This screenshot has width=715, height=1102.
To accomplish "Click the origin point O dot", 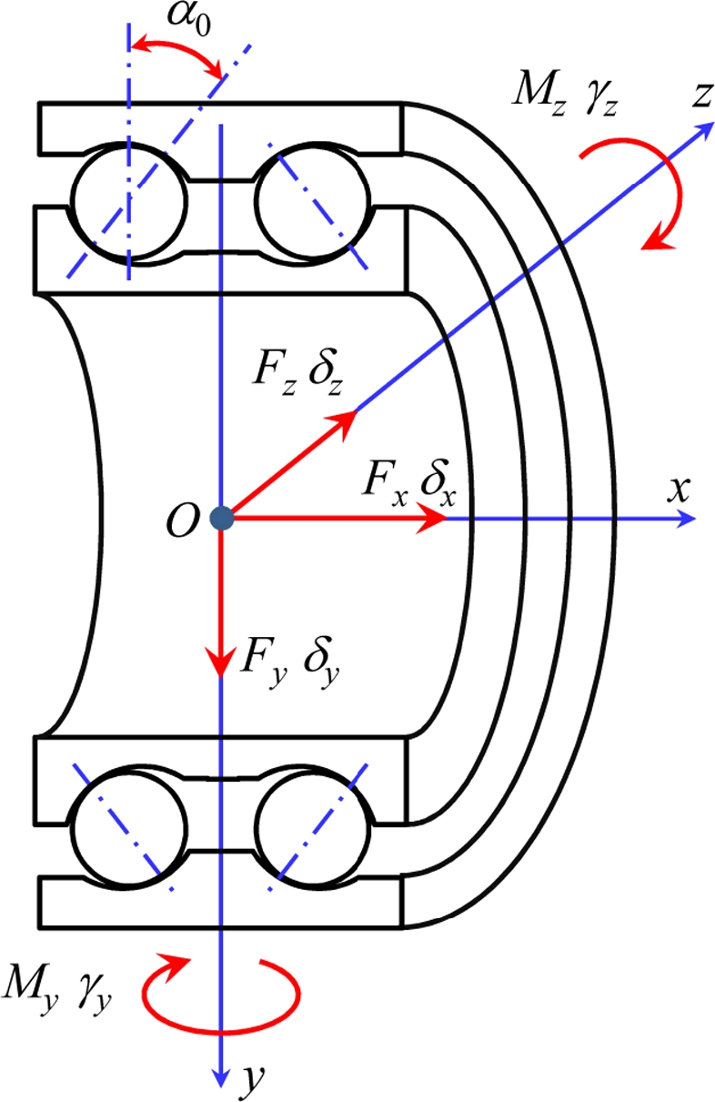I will click(221, 519).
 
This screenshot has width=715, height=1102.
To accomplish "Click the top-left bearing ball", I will click(130, 199).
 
